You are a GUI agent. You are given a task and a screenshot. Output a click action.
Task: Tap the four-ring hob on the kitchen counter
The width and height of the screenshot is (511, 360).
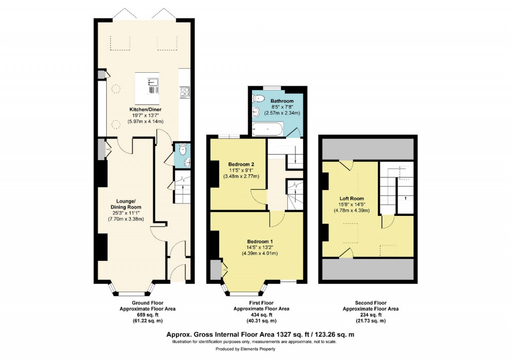(184, 91)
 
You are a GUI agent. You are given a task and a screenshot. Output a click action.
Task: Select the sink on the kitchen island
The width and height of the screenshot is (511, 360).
(154, 81)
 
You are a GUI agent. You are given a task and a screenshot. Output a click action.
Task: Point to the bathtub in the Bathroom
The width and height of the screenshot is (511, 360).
(268, 131)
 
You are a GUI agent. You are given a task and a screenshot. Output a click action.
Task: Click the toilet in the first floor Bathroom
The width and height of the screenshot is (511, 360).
(256, 98)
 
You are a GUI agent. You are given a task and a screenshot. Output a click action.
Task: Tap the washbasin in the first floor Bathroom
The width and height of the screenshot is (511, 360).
(256, 111)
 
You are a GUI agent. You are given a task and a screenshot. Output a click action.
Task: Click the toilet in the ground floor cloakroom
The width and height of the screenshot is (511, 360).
(182, 149)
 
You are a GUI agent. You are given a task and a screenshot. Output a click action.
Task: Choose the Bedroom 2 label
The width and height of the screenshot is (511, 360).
(242, 164)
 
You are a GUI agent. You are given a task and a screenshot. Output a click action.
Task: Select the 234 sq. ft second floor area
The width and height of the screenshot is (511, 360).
(370, 315)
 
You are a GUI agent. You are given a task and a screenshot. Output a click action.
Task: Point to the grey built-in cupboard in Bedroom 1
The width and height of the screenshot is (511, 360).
(216, 270)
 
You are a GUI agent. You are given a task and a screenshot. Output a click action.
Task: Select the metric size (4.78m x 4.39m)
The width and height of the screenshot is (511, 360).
(351, 210)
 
